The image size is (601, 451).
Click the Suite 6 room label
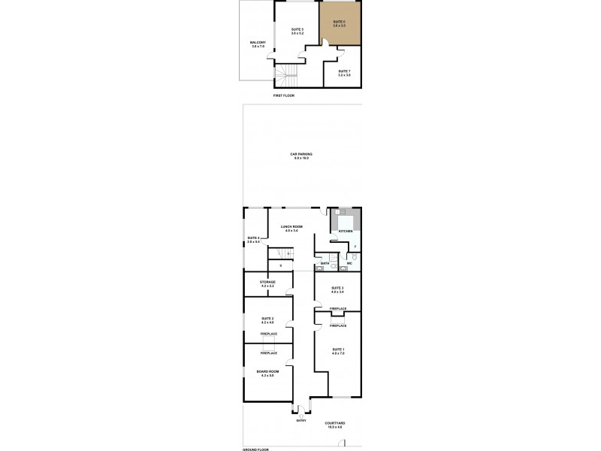pos(339,23)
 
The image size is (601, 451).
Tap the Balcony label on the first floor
pos(258,44)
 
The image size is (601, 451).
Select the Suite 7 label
pos(344,72)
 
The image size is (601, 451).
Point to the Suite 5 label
pos(297,32)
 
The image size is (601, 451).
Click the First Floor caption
pos(283,97)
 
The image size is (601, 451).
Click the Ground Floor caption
pos(255,449)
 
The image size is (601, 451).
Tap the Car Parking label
pos(302,156)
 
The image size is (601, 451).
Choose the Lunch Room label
pos(291,228)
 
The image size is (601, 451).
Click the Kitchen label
pos(346,232)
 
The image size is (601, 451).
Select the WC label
pos(350,263)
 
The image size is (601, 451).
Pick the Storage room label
pos(267,283)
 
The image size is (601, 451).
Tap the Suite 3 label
pos(338,289)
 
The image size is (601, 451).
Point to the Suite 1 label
pos(338,351)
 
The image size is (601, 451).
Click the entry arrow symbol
pos(300,415)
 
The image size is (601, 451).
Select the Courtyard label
pos(335,425)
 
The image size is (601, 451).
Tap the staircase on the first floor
pos(286,75)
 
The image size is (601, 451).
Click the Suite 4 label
pos(253,240)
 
